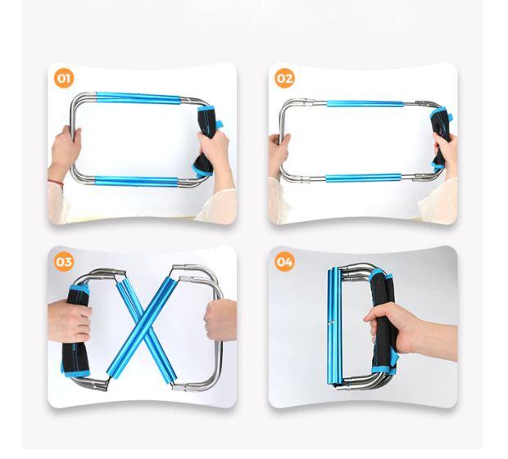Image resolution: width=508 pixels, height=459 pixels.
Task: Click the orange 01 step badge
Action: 64,78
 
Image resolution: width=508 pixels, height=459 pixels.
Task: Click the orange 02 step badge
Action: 285,78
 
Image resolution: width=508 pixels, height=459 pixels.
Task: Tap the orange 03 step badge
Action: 64,261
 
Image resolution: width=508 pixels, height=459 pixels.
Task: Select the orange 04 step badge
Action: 285,261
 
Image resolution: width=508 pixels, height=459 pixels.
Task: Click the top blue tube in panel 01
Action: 138,97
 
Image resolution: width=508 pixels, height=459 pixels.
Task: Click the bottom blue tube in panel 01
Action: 136,181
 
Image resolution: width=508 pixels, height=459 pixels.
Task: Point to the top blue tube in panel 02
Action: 365,104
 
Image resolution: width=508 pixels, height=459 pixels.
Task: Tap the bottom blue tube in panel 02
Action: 364,178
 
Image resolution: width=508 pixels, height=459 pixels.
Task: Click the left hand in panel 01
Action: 66,149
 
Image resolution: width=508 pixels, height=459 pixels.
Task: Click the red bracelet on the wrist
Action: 56,182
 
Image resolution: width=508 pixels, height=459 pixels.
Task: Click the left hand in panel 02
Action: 279,152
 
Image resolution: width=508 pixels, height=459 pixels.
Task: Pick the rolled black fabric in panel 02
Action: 442,137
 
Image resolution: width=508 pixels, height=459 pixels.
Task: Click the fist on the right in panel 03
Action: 221,320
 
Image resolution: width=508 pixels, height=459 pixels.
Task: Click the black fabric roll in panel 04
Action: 385,322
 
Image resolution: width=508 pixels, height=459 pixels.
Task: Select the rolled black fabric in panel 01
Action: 207,140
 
